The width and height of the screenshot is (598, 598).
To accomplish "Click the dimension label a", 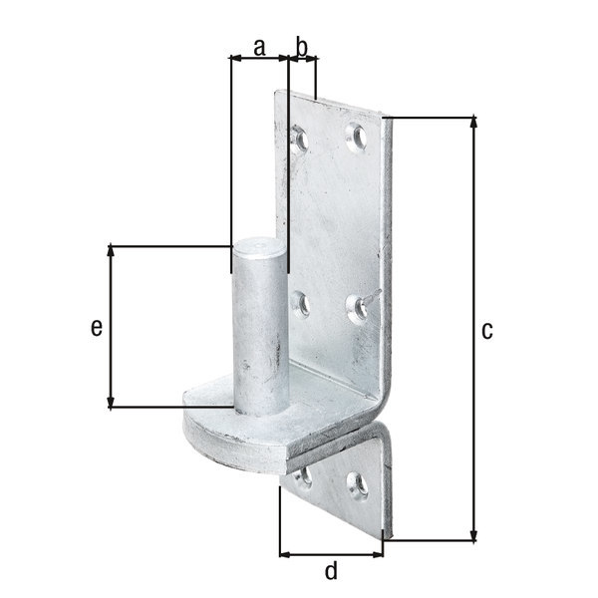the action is tap(259, 48).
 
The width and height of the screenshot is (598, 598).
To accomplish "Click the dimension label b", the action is tap(302, 47).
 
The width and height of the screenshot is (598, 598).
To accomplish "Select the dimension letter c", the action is tap(487, 330).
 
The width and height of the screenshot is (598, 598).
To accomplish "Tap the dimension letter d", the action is tap(331, 570).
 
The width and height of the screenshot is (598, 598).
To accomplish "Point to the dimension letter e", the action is tap(97, 328).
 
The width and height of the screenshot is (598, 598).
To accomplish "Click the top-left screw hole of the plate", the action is tap(299, 139).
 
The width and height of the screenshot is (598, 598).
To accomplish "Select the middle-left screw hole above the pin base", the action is tap(301, 304).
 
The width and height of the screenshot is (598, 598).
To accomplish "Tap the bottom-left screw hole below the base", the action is tap(304, 476).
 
